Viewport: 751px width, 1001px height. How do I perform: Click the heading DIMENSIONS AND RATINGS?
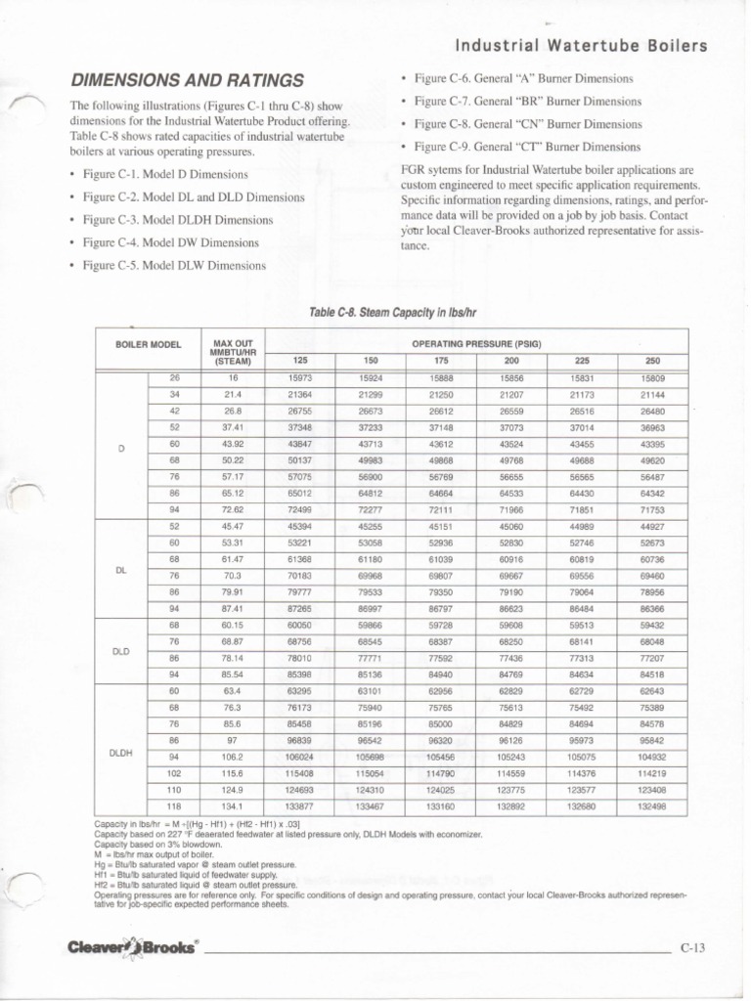(x=185, y=80)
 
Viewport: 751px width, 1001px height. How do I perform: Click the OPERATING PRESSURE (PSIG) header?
(x=477, y=343)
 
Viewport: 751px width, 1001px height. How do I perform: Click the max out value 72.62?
(x=232, y=510)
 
